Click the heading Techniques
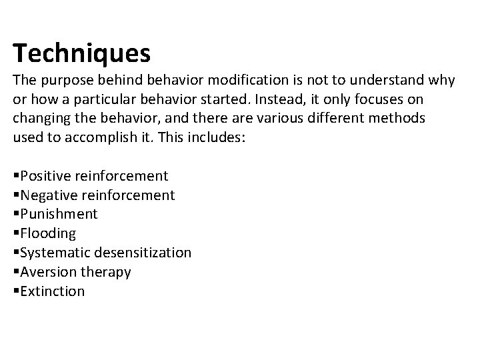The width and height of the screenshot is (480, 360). tap(81, 52)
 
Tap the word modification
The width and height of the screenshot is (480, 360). tap(249, 81)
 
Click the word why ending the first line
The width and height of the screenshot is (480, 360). tap(441, 81)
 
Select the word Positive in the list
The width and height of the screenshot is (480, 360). tap(45, 176)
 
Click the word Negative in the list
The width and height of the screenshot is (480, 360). tap(48, 195)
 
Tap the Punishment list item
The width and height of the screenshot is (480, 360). tap(59, 214)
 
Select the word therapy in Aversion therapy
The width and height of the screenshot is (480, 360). tap(105, 272)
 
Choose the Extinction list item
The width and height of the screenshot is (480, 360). tap(52, 291)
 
